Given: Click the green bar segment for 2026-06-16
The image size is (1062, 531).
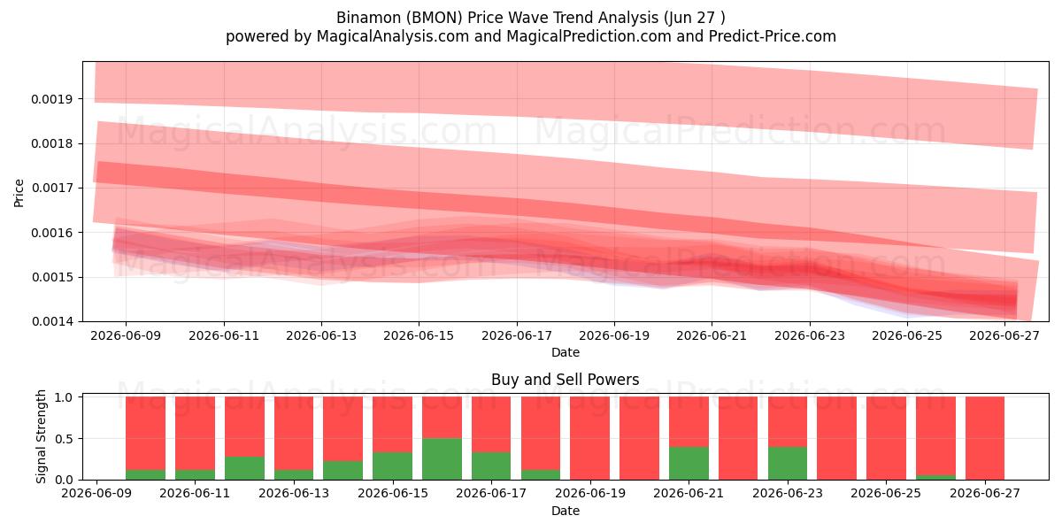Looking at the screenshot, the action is click(x=442, y=459).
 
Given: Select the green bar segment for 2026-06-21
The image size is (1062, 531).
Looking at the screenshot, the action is click(x=689, y=463).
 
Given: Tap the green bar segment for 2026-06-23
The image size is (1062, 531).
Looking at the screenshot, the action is click(x=788, y=463).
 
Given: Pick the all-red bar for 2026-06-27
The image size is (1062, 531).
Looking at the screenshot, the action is click(x=985, y=438).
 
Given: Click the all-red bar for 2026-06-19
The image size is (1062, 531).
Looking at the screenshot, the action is click(x=589, y=438).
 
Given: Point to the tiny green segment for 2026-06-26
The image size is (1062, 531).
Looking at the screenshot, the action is click(x=935, y=477).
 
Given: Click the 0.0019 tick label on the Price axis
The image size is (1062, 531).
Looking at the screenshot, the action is click(x=51, y=99).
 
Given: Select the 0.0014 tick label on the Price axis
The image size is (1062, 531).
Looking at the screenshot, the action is click(x=52, y=321).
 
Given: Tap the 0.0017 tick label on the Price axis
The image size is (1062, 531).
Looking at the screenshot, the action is click(x=51, y=189).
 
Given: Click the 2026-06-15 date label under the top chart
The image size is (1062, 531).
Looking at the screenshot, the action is click(x=419, y=335).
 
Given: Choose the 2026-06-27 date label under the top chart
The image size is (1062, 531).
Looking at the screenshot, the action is click(x=1004, y=335).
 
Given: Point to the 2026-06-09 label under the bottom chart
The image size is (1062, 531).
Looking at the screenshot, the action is click(x=96, y=493).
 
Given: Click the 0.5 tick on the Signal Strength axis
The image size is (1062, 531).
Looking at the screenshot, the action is click(x=64, y=439).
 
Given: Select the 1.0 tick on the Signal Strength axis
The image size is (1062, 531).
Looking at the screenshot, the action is click(x=64, y=397).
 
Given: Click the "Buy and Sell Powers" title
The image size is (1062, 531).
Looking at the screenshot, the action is click(x=566, y=380).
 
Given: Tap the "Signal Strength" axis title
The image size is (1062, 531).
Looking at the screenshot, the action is click(x=42, y=436).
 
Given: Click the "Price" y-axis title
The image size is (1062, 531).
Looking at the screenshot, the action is click(x=19, y=193).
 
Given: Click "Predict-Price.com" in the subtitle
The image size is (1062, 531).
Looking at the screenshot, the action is click(x=773, y=36).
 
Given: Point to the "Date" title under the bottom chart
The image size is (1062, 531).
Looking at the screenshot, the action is click(x=566, y=511).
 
